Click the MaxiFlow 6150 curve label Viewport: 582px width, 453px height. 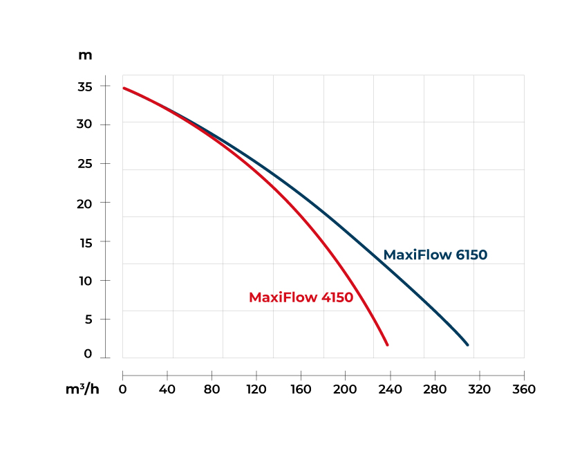click(x=435, y=255)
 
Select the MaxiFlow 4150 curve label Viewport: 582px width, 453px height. click(x=301, y=298)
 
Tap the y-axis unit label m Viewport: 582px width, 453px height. click(x=85, y=55)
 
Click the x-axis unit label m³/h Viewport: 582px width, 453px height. click(x=82, y=389)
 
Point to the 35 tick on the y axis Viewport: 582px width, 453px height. click(x=86, y=86)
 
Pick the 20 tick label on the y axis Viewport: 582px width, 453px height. click(x=86, y=203)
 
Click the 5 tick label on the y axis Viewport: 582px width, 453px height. click(x=88, y=320)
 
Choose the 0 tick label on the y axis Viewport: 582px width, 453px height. click(x=88, y=354)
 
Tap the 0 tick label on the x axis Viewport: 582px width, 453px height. click(x=123, y=389)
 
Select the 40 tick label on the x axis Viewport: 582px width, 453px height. click(x=167, y=389)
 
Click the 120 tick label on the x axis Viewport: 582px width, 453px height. click(x=256, y=389)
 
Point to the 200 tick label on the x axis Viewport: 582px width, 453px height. click(x=345, y=389)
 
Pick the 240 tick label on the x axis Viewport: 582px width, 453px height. click(x=390, y=389)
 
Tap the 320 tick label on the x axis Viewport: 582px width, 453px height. click(x=479, y=389)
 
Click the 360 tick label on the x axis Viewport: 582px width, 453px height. click(x=524, y=389)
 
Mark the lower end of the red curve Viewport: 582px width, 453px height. click(x=387, y=344)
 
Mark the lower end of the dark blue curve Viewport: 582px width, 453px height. click(x=467, y=344)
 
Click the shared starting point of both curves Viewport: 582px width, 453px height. click(x=124, y=88)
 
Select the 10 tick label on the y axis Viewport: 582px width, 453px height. click(x=86, y=281)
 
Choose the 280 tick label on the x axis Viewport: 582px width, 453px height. click(x=435, y=389)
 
